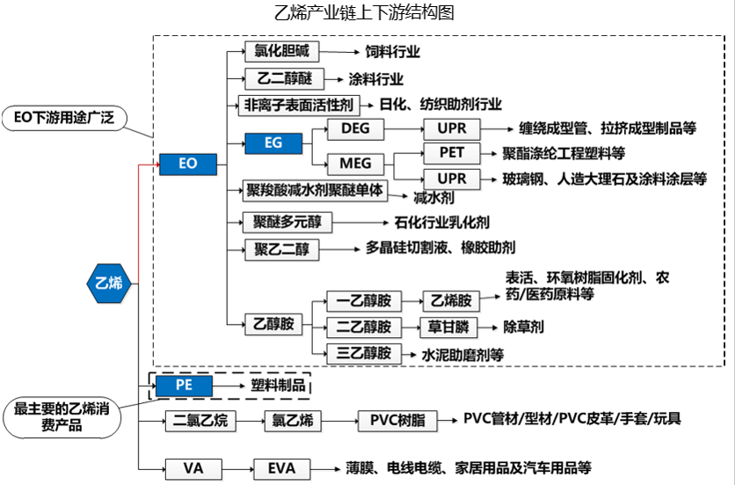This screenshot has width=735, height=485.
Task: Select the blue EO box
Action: pos(187,164)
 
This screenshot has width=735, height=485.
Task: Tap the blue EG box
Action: pos(273,142)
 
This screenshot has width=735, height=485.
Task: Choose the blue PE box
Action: pos(183,385)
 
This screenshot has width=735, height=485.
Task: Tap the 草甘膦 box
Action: pos(448,327)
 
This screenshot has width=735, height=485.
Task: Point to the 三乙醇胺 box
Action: pos(363,352)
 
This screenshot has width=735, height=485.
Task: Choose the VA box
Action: pos(193,467)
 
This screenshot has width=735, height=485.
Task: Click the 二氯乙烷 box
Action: pos(200,421)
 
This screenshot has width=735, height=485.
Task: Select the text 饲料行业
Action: pos(392,52)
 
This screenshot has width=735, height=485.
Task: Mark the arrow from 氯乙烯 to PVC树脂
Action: pos(336,421)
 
